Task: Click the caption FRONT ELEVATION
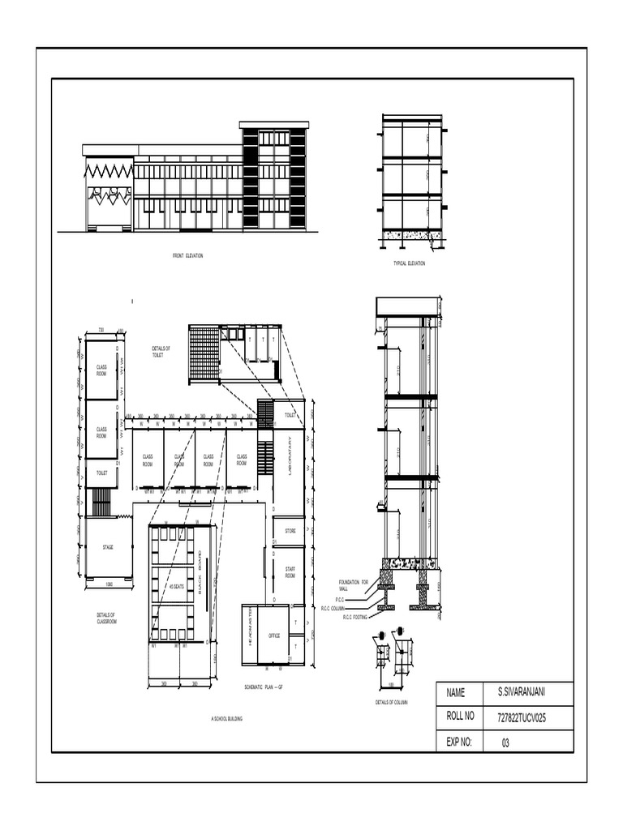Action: click(x=187, y=255)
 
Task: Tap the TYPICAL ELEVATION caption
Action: click(x=409, y=263)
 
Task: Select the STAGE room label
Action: click(x=107, y=548)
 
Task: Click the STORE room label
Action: click(x=290, y=531)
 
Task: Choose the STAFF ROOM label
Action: click(x=290, y=573)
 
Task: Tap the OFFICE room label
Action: click(x=274, y=635)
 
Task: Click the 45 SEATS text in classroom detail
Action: click(x=175, y=587)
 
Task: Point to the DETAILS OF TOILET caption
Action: click(x=161, y=352)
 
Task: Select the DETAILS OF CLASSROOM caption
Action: click(x=105, y=618)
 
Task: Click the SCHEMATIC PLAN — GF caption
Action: click(x=262, y=687)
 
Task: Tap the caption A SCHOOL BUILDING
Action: click(x=226, y=719)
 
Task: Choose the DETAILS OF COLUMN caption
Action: click(x=391, y=702)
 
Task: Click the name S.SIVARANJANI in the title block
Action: click(x=521, y=693)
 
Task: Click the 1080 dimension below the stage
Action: click(x=108, y=584)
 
